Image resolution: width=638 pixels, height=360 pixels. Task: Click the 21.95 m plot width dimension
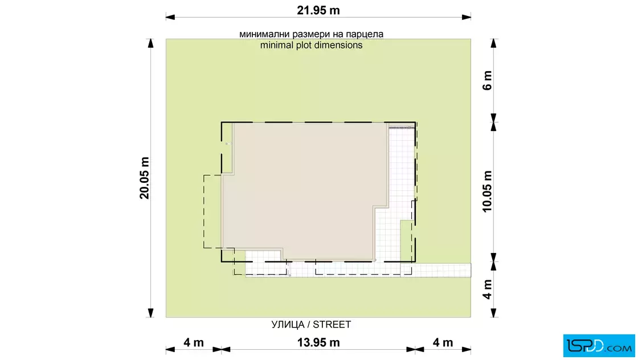(318, 11)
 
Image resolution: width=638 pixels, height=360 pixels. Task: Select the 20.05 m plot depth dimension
(145, 178)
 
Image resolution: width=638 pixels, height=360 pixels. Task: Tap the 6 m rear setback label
(488, 80)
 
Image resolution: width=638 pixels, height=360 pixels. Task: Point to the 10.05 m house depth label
(488, 191)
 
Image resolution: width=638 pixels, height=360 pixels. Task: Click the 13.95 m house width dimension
(318, 342)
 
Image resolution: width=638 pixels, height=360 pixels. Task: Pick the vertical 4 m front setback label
(488, 289)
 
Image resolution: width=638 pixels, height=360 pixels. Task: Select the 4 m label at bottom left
(194, 342)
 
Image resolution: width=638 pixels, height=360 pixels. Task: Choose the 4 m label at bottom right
(443, 342)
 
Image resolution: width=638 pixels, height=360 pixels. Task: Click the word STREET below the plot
(332, 325)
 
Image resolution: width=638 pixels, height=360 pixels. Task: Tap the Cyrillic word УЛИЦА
(288, 325)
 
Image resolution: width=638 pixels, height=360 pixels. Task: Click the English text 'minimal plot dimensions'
(311, 45)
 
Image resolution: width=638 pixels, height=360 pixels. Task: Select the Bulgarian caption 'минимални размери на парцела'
(311, 34)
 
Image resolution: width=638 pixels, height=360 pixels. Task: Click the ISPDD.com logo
(599, 346)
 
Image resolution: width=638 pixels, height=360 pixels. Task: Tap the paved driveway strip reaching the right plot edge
(436, 270)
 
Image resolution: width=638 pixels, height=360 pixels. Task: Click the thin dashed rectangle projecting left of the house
(204, 211)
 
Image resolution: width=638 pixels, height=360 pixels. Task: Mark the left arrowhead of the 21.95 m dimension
(170, 17)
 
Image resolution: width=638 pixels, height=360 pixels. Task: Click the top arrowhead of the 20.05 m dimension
(150, 43)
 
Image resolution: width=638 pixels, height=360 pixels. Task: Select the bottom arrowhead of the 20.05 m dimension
(150, 313)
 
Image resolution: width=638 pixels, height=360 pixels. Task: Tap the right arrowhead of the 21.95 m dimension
(467, 17)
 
